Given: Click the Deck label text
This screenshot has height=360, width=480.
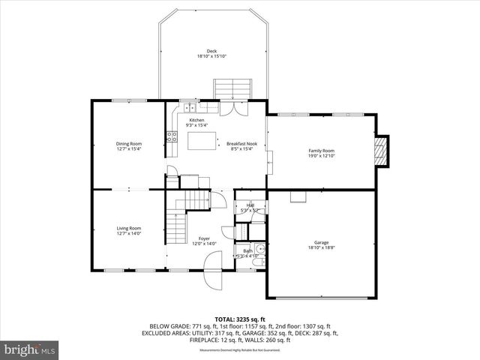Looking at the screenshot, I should pyautogui.click(x=211, y=51).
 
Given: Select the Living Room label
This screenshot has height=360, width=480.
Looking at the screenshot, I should pyautogui.click(x=128, y=228).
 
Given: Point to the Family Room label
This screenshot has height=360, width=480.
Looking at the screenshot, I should pyautogui.click(x=321, y=151).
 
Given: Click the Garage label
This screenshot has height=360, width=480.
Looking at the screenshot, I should pyautogui.click(x=321, y=242).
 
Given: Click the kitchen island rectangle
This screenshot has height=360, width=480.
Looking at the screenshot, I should pyautogui.click(x=197, y=140).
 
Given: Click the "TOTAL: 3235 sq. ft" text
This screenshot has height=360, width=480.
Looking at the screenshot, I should pyautogui.click(x=240, y=319).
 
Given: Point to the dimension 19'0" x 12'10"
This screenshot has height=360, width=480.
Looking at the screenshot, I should pyautogui.click(x=321, y=156).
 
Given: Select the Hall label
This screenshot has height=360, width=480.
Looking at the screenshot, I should pyautogui.click(x=250, y=205).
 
